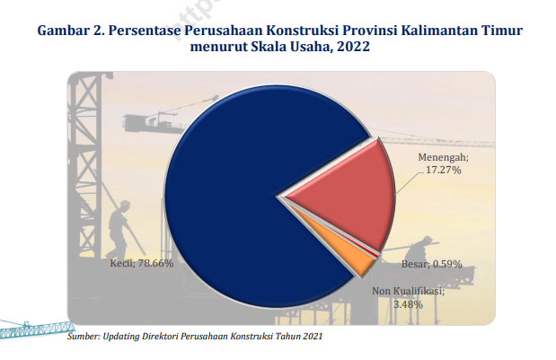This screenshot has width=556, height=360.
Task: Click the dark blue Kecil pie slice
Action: [x=227, y=198]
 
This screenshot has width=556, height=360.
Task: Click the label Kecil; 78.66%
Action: [x=142, y=263]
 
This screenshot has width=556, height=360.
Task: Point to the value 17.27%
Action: [x=443, y=170]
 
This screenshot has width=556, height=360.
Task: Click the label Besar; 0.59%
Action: [x=431, y=264]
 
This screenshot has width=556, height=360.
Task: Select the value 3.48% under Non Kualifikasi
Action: [x=408, y=304]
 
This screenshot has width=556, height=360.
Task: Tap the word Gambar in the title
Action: [x=63, y=31]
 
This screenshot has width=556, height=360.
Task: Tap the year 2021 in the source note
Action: [x=313, y=336]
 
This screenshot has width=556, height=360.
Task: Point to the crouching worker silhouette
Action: [x=421, y=249]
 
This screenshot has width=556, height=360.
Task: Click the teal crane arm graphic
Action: [x=35, y=328]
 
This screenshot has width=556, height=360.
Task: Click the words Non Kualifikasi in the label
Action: [x=408, y=291]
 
